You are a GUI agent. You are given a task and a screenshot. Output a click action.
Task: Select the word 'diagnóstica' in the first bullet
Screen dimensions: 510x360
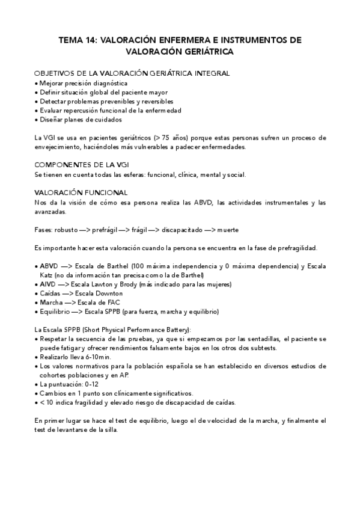[109, 82]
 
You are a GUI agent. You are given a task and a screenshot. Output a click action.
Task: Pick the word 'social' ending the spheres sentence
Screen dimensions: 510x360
[236, 174]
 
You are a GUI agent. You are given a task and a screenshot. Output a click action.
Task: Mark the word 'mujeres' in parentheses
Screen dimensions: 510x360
[218, 284]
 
